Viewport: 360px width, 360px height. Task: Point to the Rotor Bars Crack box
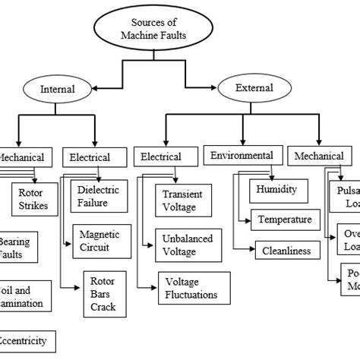pos(103,292)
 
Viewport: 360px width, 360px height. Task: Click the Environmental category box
pos(242,156)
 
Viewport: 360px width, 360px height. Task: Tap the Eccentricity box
pos(27,341)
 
